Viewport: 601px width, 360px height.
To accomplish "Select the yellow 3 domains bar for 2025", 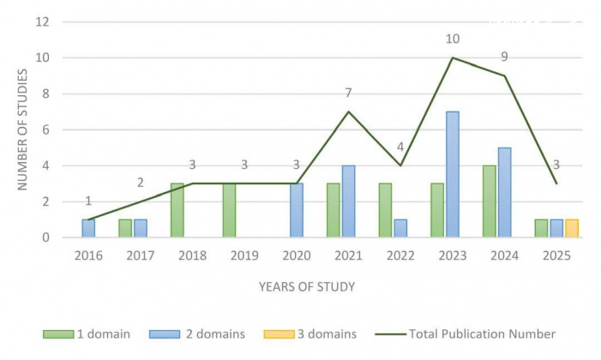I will point(572,228).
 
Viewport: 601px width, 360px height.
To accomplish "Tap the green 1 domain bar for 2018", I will point(177,210).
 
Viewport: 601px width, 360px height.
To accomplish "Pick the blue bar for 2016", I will point(88,228).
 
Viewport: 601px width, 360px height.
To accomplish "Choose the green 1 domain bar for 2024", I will point(490,201).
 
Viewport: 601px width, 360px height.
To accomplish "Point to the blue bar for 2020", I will point(297,210).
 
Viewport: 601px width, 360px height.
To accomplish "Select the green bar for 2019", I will point(229,210).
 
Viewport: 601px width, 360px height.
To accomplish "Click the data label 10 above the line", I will point(454,39).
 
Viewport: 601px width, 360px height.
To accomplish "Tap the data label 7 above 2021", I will point(349,93).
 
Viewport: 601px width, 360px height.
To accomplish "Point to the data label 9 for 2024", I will point(505,57).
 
